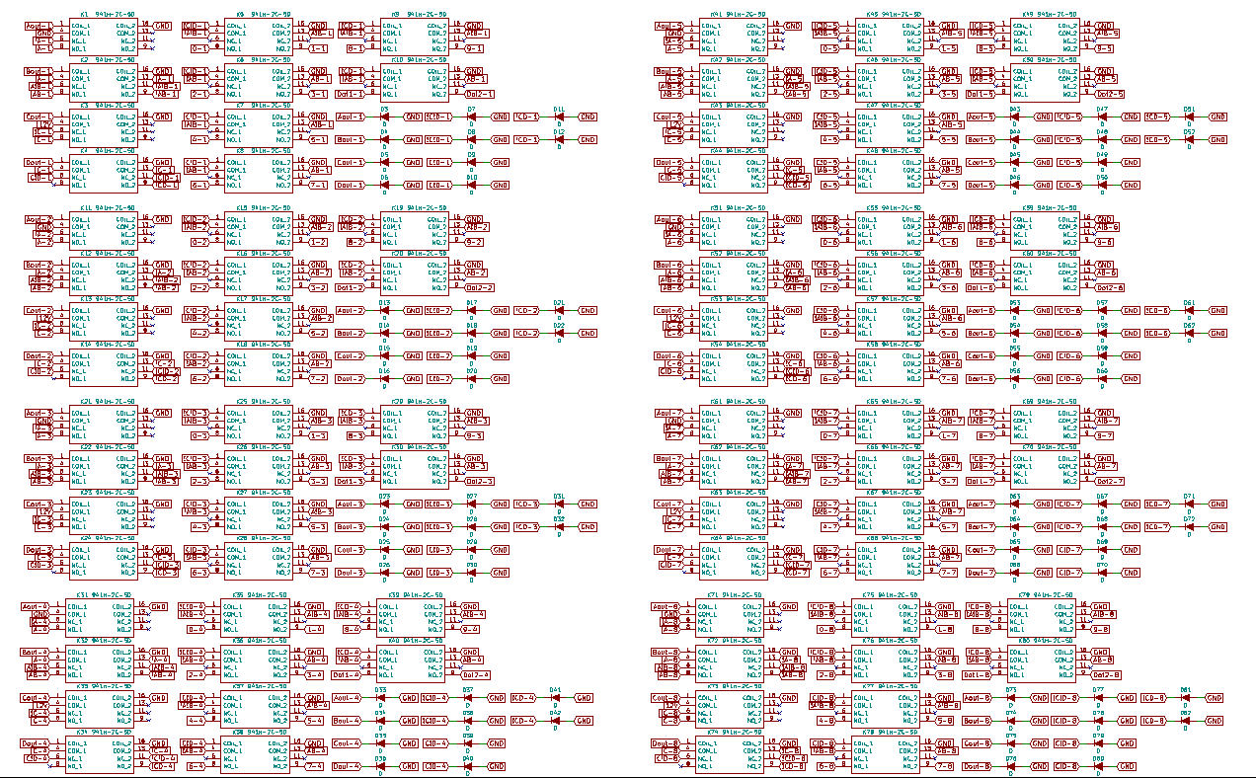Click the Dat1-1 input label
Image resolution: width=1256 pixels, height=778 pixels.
[350, 94]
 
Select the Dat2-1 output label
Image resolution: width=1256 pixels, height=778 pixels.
[478, 94]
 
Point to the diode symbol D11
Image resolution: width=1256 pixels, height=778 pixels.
[558, 117]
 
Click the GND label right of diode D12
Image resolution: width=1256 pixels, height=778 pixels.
[588, 140]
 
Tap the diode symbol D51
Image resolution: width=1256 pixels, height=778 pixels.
[1189, 117]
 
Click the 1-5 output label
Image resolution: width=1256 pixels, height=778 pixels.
[949, 48]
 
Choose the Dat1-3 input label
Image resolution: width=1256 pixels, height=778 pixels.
[350, 482]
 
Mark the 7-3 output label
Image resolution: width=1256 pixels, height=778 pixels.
[318, 573]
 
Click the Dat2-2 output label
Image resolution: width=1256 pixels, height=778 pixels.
[478, 287]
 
